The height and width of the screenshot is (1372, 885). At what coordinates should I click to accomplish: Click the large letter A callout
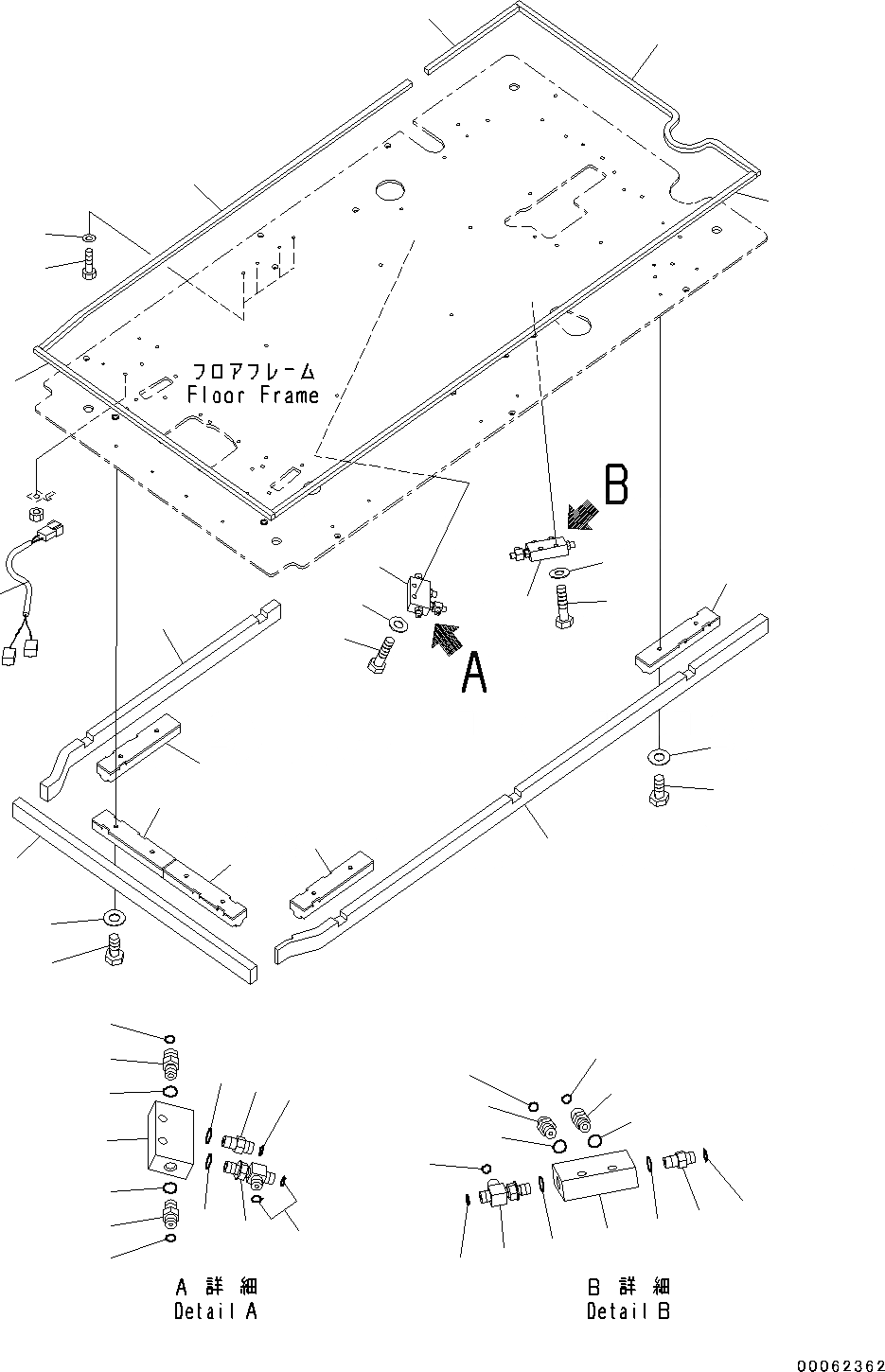[x=473, y=676]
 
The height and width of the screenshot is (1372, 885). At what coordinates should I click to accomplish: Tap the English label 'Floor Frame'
[x=253, y=395]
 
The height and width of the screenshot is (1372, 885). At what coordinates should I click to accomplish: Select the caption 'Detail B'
[x=628, y=1311]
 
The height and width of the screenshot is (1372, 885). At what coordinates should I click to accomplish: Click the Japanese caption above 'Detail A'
[x=216, y=1287]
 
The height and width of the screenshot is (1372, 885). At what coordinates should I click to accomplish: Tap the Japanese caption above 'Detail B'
[x=628, y=1287]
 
